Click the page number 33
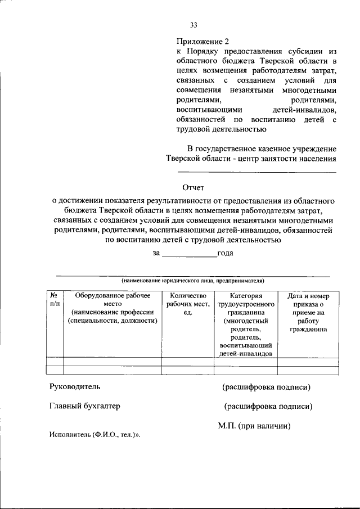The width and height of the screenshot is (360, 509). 194,25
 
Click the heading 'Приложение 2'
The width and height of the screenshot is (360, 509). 203,40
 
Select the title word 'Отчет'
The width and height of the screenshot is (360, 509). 193,187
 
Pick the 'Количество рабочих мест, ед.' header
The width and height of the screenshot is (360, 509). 188,304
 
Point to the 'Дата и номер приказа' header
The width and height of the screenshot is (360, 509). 308,313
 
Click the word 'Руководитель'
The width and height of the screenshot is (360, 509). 75,387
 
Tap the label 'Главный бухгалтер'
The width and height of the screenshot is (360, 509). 85,406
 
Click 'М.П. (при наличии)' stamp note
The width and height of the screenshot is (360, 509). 254,426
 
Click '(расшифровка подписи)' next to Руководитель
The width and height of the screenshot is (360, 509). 266,387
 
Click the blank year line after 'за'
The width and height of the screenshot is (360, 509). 189,256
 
